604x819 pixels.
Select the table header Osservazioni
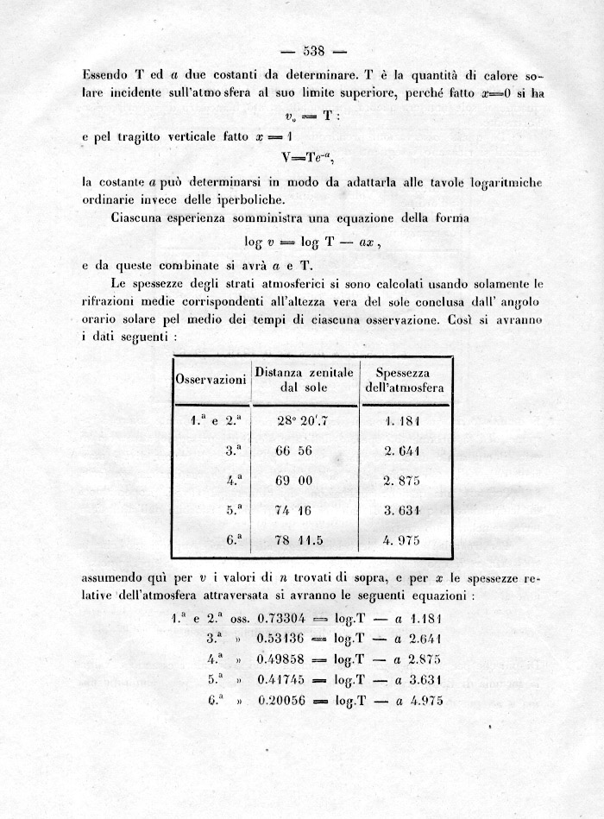point(211,380)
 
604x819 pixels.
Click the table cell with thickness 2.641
point(402,450)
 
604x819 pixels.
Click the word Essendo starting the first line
point(107,75)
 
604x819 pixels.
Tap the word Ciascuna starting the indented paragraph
point(139,218)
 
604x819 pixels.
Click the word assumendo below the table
point(117,577)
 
